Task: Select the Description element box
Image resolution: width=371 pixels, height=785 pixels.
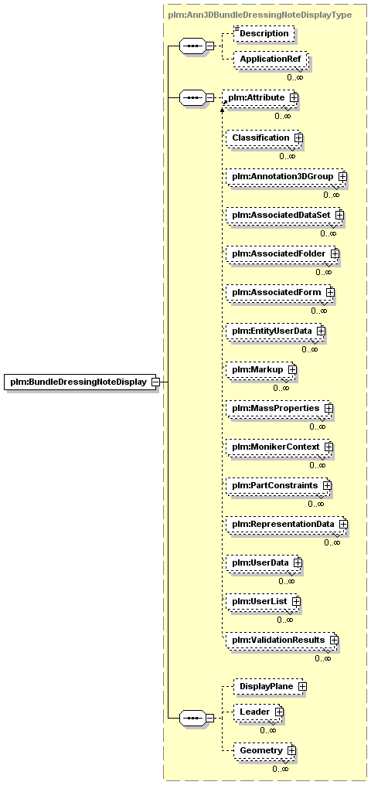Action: (x=264, y=33)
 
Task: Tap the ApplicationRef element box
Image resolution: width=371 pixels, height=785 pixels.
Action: (x=271, y=59)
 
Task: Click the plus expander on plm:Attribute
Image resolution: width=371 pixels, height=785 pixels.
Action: (x=294, y=97)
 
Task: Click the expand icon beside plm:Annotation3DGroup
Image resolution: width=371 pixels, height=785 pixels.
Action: (x=342, y=176)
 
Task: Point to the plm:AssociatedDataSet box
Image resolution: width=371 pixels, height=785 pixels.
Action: (x=284, y=215)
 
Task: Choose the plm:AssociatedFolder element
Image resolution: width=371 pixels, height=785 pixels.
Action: (x=281, y=254)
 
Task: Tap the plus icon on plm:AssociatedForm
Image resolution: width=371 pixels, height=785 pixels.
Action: (x=330, y=291)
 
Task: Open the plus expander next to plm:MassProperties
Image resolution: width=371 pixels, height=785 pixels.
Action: (x=328, y=408)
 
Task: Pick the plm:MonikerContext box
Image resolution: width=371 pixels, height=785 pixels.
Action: (x=278, y=447)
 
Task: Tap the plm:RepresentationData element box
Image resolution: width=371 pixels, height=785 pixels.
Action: (x=285, y=524)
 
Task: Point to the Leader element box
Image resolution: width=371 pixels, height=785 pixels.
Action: (x=257, y=712)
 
